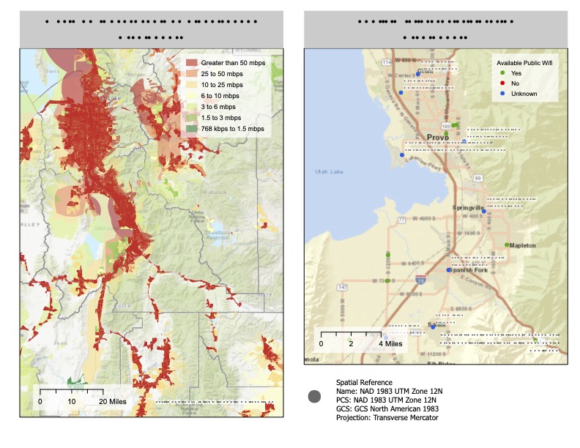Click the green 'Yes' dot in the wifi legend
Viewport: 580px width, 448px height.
(501, 73)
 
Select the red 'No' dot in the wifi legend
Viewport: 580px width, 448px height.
(501, 83)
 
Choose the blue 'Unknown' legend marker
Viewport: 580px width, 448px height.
(501, 94)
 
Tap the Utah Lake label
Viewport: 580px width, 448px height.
(328, 171)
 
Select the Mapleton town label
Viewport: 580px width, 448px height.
(524, 246)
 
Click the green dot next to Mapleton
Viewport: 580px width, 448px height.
(507, 244)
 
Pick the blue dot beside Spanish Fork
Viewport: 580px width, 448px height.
(449, 270)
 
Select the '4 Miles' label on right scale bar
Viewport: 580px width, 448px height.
(389, 343)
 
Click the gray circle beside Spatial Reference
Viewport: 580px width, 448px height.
(316, 396)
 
